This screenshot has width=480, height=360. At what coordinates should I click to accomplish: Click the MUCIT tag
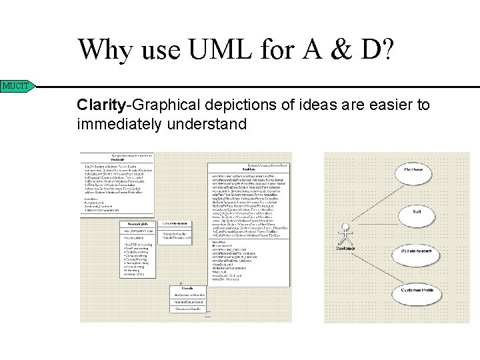(16, 86)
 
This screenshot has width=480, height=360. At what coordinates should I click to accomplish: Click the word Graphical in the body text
(166, 105)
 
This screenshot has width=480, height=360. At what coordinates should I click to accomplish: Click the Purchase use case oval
(413, 170)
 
